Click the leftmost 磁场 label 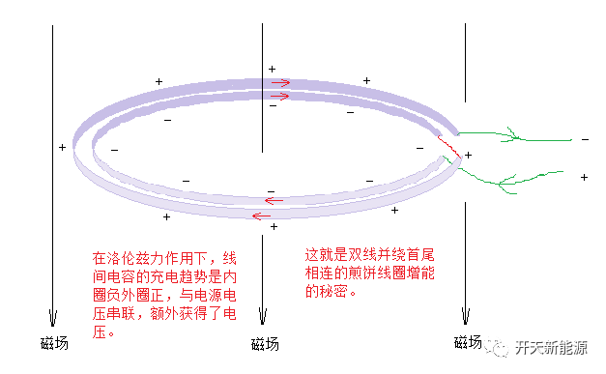coord(54,343)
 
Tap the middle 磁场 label coord(264,344)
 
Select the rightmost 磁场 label coord(467,342)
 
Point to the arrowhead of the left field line coord(53,319)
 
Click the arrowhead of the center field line coord(263,319)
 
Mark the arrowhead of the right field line coord(466,317)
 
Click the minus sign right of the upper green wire coord(584,139)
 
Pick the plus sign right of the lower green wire coord(584,178)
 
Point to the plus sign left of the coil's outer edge coord(62,147)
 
